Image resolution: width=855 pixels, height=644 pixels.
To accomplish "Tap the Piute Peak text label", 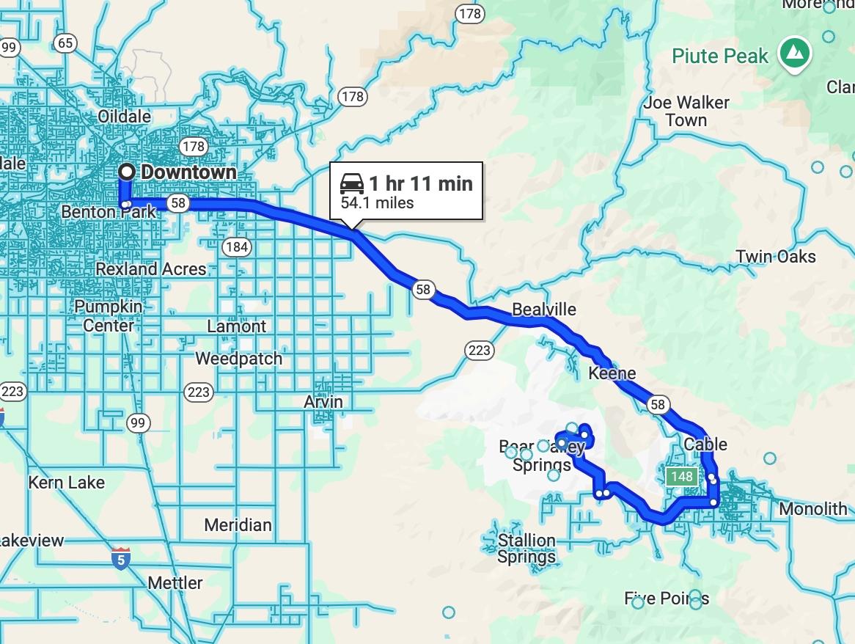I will pos(720,56).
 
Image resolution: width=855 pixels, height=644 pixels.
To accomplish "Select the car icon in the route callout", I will pos(352,183).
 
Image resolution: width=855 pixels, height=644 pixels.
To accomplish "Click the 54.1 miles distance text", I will pos(377,203).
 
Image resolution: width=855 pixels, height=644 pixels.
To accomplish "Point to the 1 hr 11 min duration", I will pos(420,183).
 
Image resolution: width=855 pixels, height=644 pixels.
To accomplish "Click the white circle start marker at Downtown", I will pos(128,172).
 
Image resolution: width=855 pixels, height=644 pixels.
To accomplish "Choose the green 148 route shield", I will pos(681,477).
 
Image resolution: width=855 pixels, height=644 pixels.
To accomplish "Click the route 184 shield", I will pos(236,246).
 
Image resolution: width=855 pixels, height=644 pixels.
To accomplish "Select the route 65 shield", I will pos(65,43).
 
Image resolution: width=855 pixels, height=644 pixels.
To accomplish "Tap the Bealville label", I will pos(544,310).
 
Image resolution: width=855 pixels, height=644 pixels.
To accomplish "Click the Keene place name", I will pos(612,373).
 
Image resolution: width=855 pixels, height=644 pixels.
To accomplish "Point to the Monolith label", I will pos(812,509).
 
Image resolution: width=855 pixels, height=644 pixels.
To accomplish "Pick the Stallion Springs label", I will pos(526,549).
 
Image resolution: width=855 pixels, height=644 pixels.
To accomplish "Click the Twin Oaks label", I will pos(776,257).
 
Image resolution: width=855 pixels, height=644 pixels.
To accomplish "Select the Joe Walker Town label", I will pos(686,111).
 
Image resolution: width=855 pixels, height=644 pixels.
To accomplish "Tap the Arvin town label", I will pos(323,402).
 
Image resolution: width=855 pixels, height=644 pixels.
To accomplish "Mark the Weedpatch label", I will pos(238,359).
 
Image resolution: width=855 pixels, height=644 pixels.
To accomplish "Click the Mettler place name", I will pos(175,583).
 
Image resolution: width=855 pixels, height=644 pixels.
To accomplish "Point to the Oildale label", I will pos(124,116).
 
